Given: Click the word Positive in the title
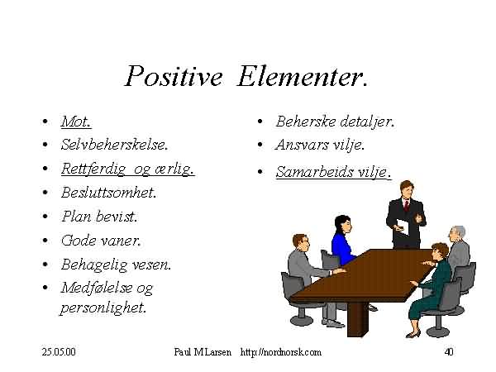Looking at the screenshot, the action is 174,76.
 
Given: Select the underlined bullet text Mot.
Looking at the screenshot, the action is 76,122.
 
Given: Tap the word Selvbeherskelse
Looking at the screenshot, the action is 114,145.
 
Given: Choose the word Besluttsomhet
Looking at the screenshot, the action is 109,193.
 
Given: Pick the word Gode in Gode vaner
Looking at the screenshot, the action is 78,241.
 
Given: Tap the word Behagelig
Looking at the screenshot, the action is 94,265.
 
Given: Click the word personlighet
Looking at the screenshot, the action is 103,308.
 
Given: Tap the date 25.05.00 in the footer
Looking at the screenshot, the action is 59,352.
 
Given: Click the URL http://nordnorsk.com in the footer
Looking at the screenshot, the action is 280,352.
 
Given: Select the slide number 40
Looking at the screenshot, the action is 449,352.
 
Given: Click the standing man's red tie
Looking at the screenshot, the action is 406,205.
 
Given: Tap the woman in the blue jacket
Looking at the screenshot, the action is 344,240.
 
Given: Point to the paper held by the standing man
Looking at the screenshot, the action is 403,227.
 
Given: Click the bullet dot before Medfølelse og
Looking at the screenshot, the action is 45,288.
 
